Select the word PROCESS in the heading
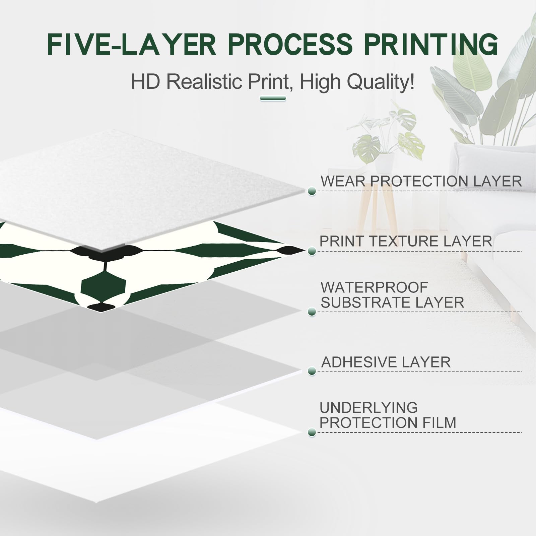(x=290, y=44)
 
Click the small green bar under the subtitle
(x=273, y=98)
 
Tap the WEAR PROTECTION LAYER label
(x=421, y=181)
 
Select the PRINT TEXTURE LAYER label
(x=406, y=241)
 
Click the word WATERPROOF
(x=374, y=287)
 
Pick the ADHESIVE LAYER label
(x=386, y=362)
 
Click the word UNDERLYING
(x=368, y=408)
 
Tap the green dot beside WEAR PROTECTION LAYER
(x=312, y=191)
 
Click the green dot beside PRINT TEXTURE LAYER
(x=312, y=251)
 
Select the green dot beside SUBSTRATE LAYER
(x=312, y=312)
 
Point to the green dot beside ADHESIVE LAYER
(x=312, y=371)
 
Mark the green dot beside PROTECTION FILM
(x=312, y=432)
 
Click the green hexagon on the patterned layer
(x=103, y=286)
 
